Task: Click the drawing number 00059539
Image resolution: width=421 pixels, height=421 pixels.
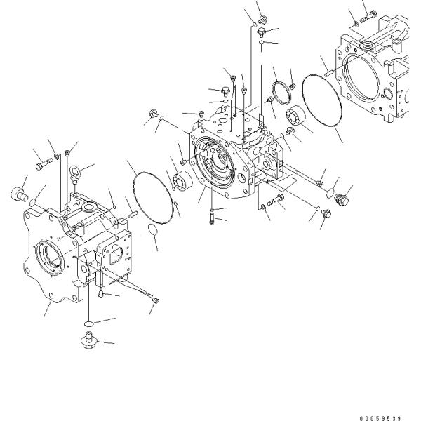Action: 380,418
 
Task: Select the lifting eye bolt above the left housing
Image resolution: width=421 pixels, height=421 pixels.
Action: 74,174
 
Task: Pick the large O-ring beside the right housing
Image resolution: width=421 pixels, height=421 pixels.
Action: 322,100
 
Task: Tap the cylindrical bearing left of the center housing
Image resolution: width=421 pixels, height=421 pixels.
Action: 183,180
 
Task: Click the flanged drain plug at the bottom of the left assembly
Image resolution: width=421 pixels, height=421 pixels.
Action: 89,340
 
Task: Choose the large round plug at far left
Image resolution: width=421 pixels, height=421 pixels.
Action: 20,194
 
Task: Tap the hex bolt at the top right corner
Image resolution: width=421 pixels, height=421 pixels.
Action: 368,16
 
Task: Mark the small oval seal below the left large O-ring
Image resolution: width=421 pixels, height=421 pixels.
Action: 153,229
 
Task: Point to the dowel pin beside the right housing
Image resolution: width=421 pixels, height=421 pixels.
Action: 329,73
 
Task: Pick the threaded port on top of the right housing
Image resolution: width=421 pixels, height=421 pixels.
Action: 368,46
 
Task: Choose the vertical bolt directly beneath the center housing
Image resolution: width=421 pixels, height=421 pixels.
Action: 211,218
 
